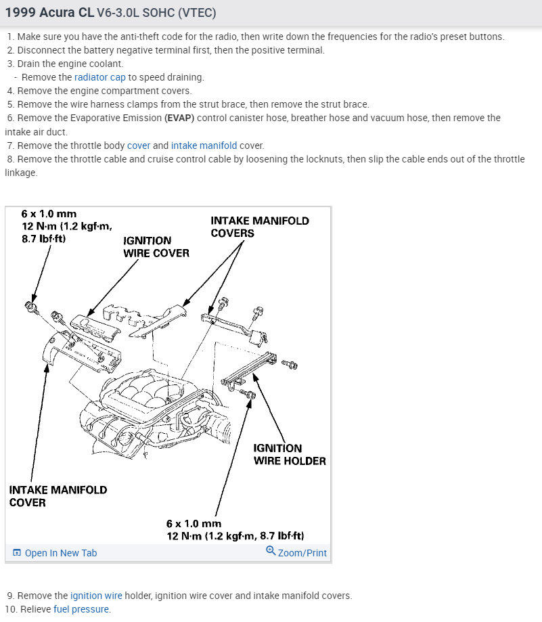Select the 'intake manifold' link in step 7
click(204, 146)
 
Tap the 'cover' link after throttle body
click(139, 146)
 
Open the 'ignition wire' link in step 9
click(96, 596)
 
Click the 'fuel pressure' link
click(81, 609)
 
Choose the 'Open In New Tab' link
click(60, 553)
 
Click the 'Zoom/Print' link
click(302, 553)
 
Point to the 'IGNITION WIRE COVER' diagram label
click(156, 246)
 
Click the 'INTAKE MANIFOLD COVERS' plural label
click(259, 227)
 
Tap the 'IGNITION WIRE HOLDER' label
click(289, 454)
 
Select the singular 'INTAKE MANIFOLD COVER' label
click(58, 495)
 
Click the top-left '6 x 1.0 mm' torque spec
click(49, 214)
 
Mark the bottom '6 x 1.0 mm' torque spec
click(194, 523)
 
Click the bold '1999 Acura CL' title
click(49, 13)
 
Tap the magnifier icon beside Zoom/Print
click(271, 551)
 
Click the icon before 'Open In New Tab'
click(17, 553)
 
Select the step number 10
click(9, 609)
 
